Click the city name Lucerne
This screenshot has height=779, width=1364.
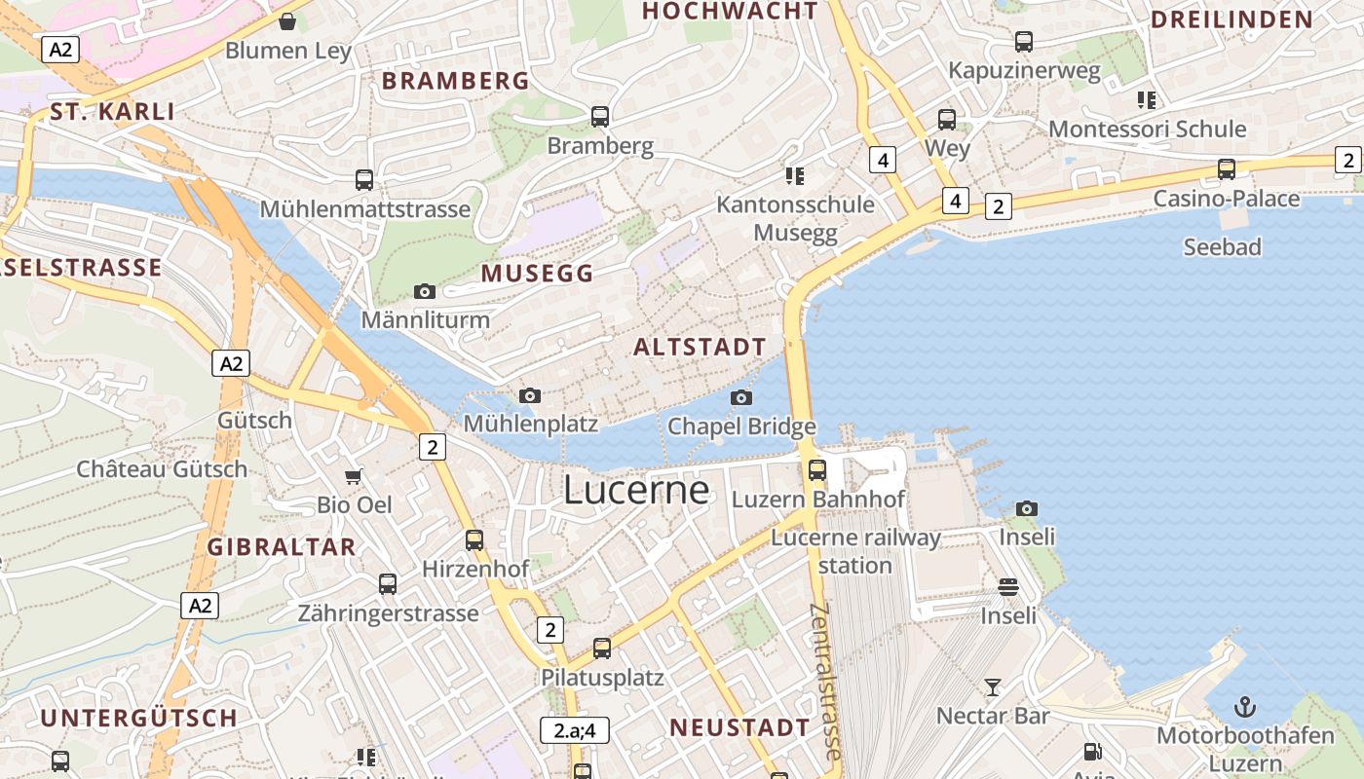(636, 490)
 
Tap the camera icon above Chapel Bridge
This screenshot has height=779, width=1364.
(741, 397)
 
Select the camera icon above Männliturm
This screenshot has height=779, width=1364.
(425, 291)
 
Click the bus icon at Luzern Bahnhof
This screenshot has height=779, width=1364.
(817, 470)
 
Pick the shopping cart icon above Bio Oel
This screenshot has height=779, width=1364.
(355, 476)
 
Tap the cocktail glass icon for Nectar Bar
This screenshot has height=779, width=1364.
(992, 686)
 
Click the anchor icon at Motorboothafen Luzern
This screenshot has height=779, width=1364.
(1245, 707)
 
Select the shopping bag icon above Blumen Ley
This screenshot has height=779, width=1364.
(287, 21)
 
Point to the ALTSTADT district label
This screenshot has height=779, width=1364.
(701, 347)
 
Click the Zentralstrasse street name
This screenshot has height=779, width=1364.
(825, 682)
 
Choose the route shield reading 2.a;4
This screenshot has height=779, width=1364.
(575, 729)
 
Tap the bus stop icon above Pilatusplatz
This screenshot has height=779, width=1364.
(602, 648)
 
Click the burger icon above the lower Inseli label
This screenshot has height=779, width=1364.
(1008, 587)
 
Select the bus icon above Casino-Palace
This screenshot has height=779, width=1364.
(1227, 169)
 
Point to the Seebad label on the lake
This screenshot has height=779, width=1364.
(1222, 247)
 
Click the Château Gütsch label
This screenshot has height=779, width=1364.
(162, 468)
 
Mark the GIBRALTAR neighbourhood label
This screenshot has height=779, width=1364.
(282, 546)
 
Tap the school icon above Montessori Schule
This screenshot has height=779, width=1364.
(1147, 99)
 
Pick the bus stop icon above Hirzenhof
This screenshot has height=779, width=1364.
(474, 539)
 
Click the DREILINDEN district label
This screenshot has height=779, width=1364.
(1231, 19)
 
